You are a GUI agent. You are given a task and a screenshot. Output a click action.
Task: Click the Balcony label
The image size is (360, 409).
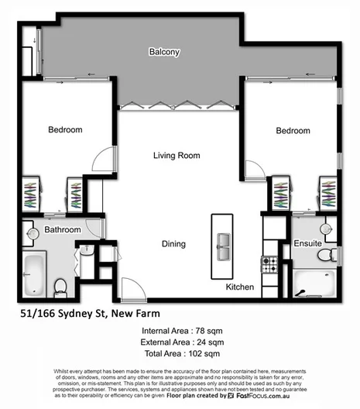[x=164, y=53]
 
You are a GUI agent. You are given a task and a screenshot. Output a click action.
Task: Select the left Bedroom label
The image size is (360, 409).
[x=66, y=130]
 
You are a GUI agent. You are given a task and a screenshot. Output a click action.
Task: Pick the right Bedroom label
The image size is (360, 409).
[x=293, y=131]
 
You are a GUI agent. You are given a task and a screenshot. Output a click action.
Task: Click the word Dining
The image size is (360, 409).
[x=173, y=245]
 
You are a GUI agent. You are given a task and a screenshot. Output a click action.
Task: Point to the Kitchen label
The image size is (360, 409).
[x=240, y=287]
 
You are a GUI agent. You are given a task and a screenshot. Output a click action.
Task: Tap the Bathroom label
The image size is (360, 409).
[x=62, y=230]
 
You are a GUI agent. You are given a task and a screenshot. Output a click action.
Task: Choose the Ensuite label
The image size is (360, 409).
[x=307, y=244]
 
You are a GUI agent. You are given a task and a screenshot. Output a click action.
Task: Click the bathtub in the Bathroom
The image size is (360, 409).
[x=33, y=273]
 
